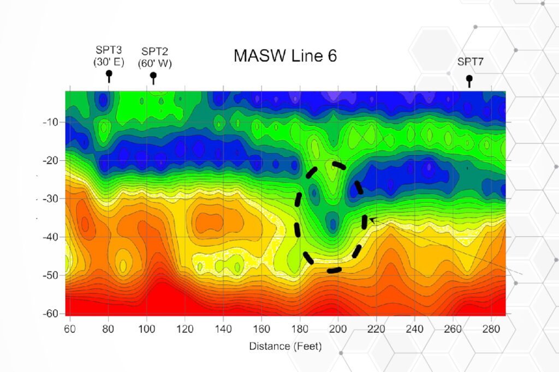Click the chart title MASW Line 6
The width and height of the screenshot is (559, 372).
[x=285, y=56]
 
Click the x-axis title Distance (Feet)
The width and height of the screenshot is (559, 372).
[x=285, y=346]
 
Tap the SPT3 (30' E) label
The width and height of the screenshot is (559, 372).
[x=108, y=56]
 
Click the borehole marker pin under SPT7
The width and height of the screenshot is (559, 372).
[x=469, y=80]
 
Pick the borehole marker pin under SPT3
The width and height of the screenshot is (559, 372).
[x=109, y=75]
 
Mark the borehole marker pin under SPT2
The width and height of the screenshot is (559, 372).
[x=153, y=77]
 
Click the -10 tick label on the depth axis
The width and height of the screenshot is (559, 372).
[x=50, y=122]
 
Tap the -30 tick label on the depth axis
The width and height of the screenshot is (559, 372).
[x=50, y=199]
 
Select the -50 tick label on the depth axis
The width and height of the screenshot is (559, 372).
[x=50, y=275]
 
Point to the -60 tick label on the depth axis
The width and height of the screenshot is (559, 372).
[x=50, y=314]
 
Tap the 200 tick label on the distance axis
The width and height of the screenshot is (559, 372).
[x=338, y=329]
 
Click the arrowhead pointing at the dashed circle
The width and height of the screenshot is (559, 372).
[x=372, y=219]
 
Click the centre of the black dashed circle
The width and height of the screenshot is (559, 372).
[x=331, y=217]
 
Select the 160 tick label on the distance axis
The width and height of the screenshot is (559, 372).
[x=261, y=329]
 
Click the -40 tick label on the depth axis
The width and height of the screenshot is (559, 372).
[x=50, y=237]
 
